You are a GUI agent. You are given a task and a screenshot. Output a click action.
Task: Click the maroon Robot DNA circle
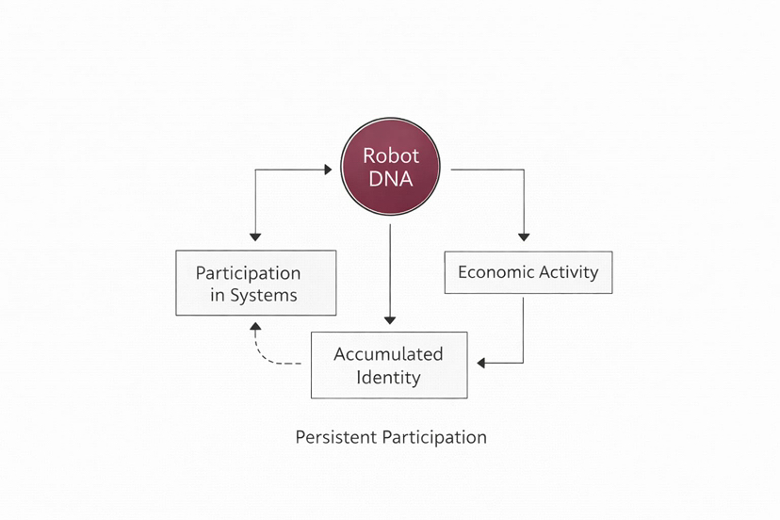(389, 167)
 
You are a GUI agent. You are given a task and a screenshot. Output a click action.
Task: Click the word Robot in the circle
(390, 155)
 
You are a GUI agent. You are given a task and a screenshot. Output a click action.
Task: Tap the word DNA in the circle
(390, 178)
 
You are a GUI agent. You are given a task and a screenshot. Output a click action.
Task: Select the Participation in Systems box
(256, 283)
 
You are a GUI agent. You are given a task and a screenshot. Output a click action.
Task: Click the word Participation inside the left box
(248, 273)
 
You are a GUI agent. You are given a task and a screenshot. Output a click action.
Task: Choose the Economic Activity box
(528, 272)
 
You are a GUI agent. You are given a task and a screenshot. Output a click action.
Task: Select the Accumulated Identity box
(389, 365)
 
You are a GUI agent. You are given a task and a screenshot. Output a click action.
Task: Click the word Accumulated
(388, 354)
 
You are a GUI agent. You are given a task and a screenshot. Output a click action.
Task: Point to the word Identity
(388, 378)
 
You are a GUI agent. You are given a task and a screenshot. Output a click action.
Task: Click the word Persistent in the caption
(335, 437)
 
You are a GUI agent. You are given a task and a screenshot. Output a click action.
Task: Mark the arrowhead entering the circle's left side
(328, 170)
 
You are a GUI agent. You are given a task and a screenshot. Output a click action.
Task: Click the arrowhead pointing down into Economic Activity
(524, 236)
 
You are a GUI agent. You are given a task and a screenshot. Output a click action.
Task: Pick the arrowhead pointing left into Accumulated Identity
(482, 363)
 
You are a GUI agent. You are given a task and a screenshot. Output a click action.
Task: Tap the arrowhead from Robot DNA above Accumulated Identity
(390, 318)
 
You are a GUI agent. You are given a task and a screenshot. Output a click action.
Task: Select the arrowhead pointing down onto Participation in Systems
(254, 236)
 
